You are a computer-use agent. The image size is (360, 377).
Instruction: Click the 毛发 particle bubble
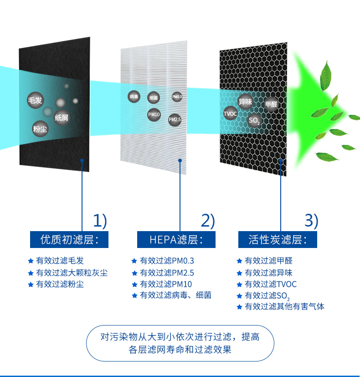(x=35, y=100)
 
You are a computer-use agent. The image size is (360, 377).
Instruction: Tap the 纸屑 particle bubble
(x=62, y=118)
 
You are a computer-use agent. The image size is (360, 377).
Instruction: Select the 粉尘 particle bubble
(x=40, y=129)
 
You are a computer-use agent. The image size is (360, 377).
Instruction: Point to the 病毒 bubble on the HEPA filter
(x=134, y=97)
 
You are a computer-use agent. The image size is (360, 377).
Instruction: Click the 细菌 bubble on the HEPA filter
(x=154, y=97)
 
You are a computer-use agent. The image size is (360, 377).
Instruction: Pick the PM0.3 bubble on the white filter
(x=177, y=97)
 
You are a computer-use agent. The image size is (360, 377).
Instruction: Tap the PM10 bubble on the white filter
(x=154, y=114)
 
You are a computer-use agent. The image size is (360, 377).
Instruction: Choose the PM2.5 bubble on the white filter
(x=175, y=120)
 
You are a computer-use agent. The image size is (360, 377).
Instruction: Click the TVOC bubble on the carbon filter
(x=230, y=114)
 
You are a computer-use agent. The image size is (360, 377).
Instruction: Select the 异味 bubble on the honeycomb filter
(x=246, y=102)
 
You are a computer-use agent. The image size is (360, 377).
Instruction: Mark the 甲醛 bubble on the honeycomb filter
(x=271, y=104)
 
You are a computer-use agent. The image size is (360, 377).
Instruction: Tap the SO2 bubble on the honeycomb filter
(x=254, y=121)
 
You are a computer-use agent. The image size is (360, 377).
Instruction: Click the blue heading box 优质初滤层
(x=69, y=239)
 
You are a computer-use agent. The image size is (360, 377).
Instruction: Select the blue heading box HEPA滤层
(x=176, y=239)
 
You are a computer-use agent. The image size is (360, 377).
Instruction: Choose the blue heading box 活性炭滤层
(x=278, y=239)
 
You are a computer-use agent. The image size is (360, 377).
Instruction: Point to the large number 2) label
(x=207, y=221)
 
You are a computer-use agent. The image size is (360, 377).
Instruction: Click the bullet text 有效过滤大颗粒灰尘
(x=72, y=273)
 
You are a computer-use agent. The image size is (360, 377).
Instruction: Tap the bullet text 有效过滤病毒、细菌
(x=175, y=295)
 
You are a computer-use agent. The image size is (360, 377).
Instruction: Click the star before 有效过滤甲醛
(x=239, y=261)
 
